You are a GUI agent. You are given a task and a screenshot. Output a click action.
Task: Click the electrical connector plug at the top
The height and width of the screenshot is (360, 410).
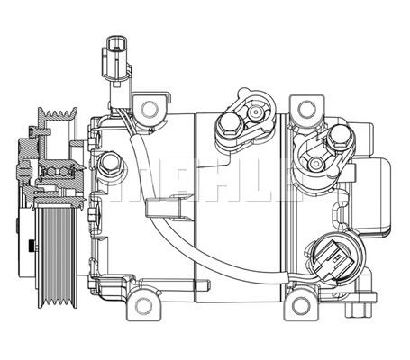pos(114,55)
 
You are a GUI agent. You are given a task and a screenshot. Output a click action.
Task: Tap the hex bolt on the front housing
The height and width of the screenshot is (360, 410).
pos(111,164)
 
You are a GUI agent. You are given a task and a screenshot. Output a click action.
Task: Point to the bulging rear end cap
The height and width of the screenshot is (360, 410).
pos(382,193)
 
